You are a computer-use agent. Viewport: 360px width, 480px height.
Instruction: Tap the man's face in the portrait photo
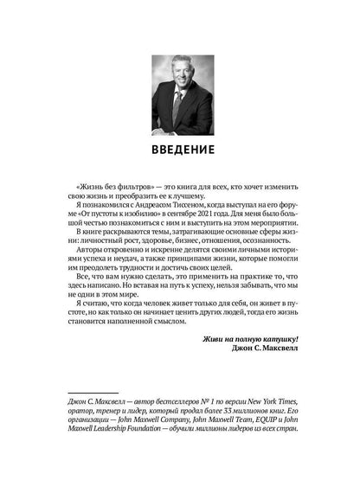coord(180,75)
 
